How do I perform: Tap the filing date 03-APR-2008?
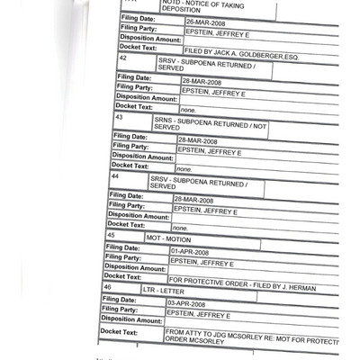click(x=190, y=306)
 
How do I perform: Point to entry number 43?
click(x=118, y=118)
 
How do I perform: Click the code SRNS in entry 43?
click(x=165, y=118)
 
